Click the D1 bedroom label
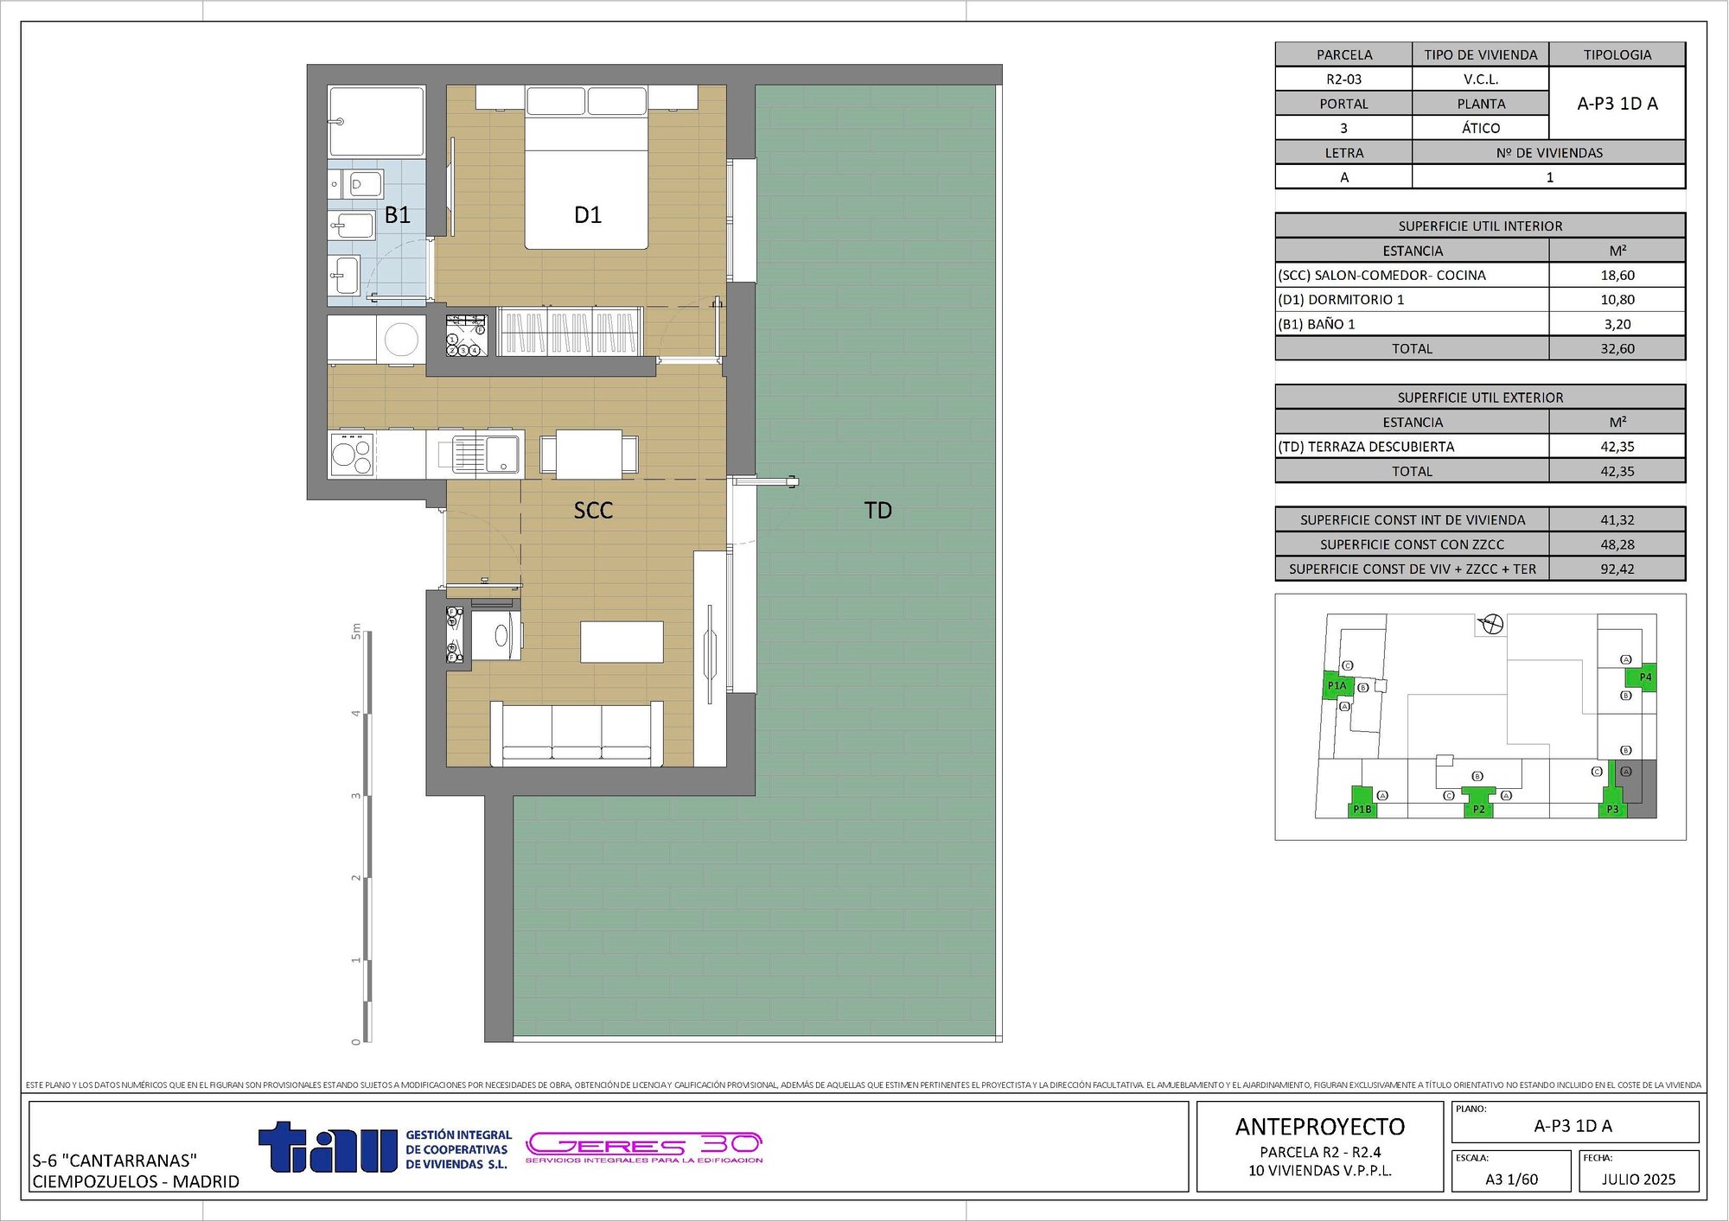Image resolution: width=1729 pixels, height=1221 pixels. pos(588,215)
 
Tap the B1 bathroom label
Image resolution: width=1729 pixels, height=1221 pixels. pos(397,215)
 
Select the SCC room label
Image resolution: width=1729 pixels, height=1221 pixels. pos(593,511)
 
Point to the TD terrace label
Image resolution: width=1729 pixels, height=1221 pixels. pos(877,511)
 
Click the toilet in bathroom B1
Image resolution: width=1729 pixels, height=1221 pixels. pos(364,183)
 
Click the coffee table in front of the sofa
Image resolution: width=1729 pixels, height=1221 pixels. pos(622,641)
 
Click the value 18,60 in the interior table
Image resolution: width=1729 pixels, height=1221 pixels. pos(1617,276)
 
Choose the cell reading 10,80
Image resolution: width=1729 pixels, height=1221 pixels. pos(1617,300)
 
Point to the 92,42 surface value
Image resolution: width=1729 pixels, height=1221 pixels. pos(1617,569)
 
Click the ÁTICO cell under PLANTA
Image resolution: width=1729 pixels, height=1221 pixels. pos(1480,128)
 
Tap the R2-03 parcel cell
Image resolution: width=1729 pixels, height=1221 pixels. pos(1343,79)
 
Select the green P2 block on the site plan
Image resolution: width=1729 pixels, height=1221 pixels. pos(1478,803)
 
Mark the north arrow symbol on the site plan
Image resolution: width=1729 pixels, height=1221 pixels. pos(1492,624)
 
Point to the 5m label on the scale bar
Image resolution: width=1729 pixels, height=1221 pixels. pos(355,632)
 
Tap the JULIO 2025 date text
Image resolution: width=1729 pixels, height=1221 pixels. pos(1637,1180)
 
